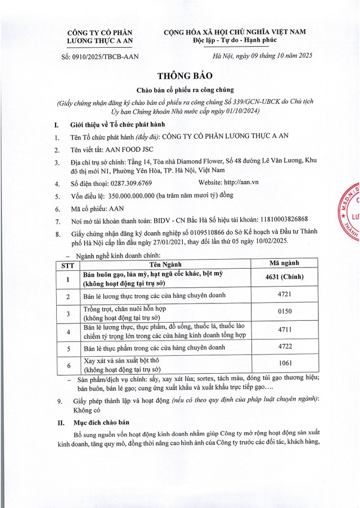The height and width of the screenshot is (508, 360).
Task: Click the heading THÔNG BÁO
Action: pyautogui.click(x=179, y=76)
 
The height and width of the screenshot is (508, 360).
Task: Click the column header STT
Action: pyautogui.click(x=67, y=264)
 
